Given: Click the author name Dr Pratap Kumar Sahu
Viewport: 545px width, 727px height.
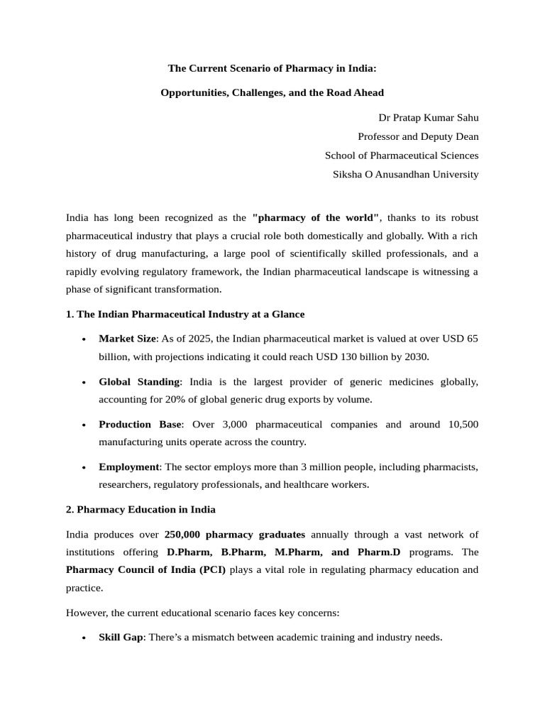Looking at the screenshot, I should (x=424, y=117).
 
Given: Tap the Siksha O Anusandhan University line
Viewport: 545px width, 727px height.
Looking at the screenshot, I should (x=406, y=174).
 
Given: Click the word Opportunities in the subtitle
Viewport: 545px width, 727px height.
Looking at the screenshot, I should (x=194, y=93).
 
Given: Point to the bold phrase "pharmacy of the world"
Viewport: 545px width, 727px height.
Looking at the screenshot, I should (x=316, y=217).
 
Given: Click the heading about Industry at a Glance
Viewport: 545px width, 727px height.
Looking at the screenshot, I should (x=185, y=314).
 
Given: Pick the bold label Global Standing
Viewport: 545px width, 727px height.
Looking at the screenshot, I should (x=139, y=382).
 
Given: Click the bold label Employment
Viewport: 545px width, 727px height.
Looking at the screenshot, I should (x=128, y=467).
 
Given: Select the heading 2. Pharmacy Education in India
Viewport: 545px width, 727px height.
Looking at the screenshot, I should (x=141, y=509).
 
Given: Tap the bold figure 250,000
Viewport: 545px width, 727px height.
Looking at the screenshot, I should (x=185, y=534).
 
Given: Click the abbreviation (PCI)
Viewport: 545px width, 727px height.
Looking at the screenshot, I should (x=211, y=569).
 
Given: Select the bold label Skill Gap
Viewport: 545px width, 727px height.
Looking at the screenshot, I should (x=121, y=638).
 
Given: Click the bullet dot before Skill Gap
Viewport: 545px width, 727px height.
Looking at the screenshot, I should (x=85, y=638).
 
